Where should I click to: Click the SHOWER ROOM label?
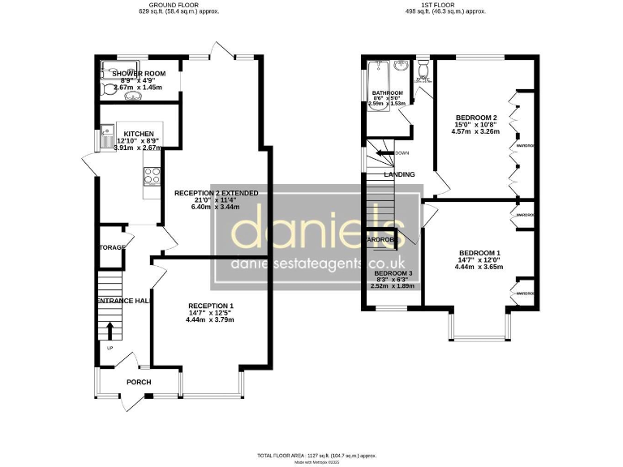pos(139,74)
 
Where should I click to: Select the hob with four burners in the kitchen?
pos(152,175)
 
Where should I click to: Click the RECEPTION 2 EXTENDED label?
pos(217,193)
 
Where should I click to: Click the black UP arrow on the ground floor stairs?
pos(110,330)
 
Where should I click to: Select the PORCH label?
pos(139,382)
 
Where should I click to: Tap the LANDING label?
pos(398,174)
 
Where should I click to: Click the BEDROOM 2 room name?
pos(475,118)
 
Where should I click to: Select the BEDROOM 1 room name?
pos(479,251)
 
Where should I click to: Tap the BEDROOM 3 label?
pos(393,273)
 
